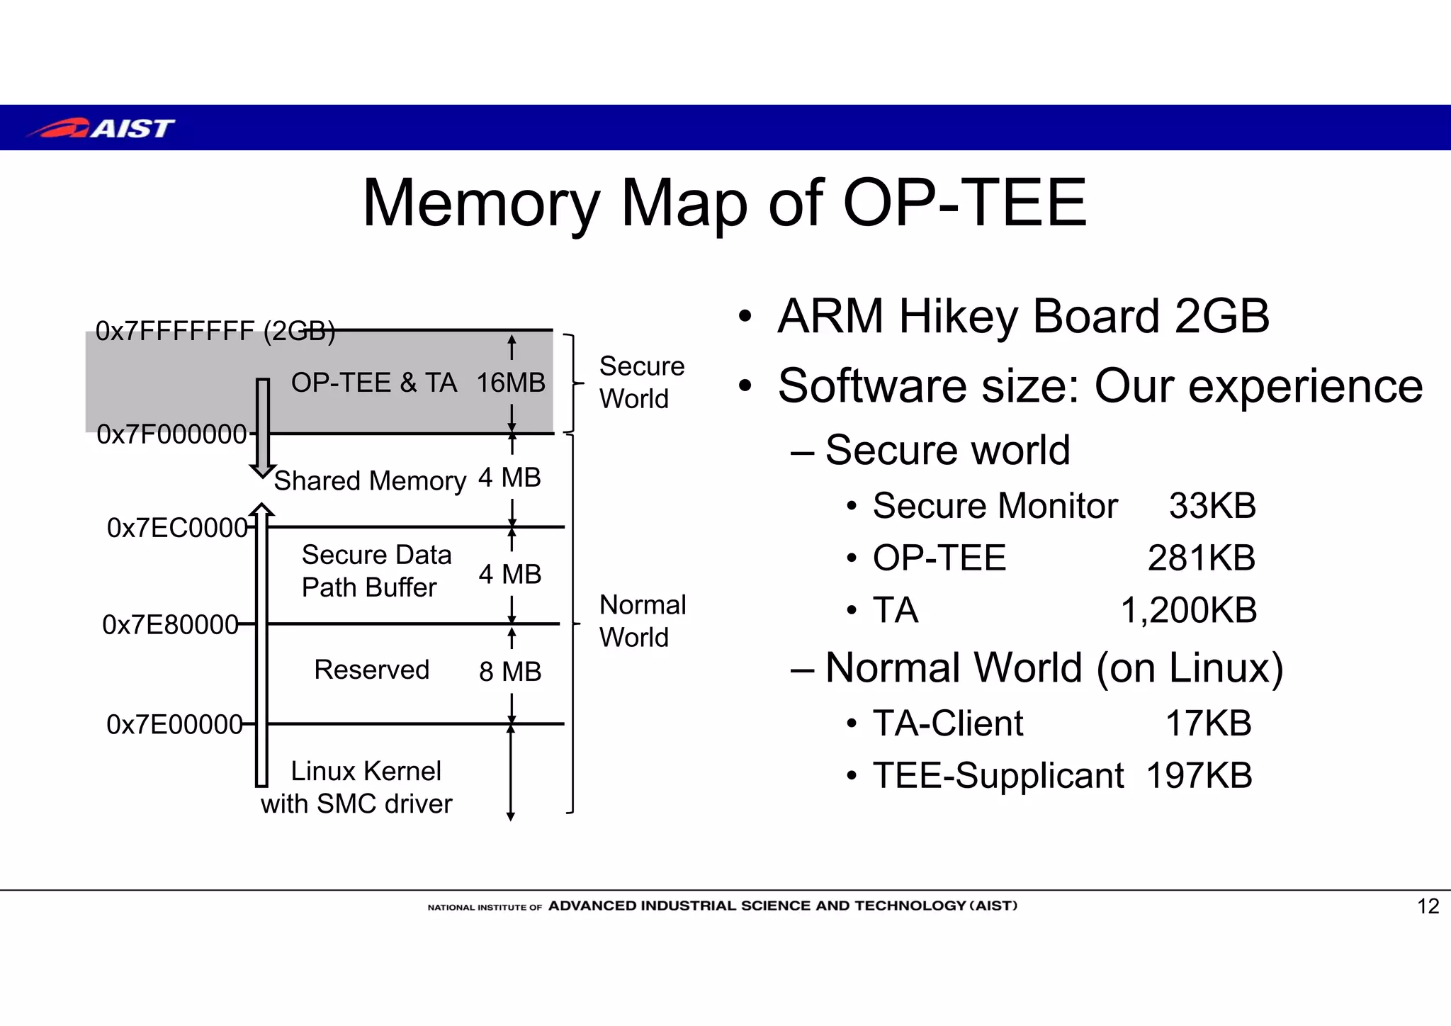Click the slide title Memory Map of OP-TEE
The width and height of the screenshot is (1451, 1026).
pos(724,203)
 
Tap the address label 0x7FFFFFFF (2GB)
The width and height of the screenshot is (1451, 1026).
pos(215,331)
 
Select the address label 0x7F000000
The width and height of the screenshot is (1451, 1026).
pos(171,434)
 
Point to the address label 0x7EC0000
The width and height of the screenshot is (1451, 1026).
pos(177,528)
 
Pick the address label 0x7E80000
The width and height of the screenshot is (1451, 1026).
pos(170,625)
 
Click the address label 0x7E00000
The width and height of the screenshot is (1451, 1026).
pos(174,724)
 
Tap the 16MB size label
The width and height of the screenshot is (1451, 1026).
pos(510,383)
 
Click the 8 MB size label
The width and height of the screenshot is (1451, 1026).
pos(510,671)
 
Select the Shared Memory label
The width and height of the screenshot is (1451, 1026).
pos(370,481)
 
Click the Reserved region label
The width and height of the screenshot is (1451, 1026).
pos(371,670)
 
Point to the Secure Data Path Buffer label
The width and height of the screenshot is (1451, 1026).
pos(376,570)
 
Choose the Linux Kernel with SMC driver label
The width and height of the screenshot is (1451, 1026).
pos(357,787)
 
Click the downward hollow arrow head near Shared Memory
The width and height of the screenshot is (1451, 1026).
pos(262,470)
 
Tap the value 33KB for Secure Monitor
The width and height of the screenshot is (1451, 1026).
pos(1212,506)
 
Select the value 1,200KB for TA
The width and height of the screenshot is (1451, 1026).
pos(1188,610)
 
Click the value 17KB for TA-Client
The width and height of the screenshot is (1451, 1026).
pos(1208,723)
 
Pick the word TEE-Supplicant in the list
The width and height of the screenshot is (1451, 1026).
pos(998,775)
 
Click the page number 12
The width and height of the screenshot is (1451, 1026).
pos(1428,906)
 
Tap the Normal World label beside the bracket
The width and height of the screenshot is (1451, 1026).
pos(642,621)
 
